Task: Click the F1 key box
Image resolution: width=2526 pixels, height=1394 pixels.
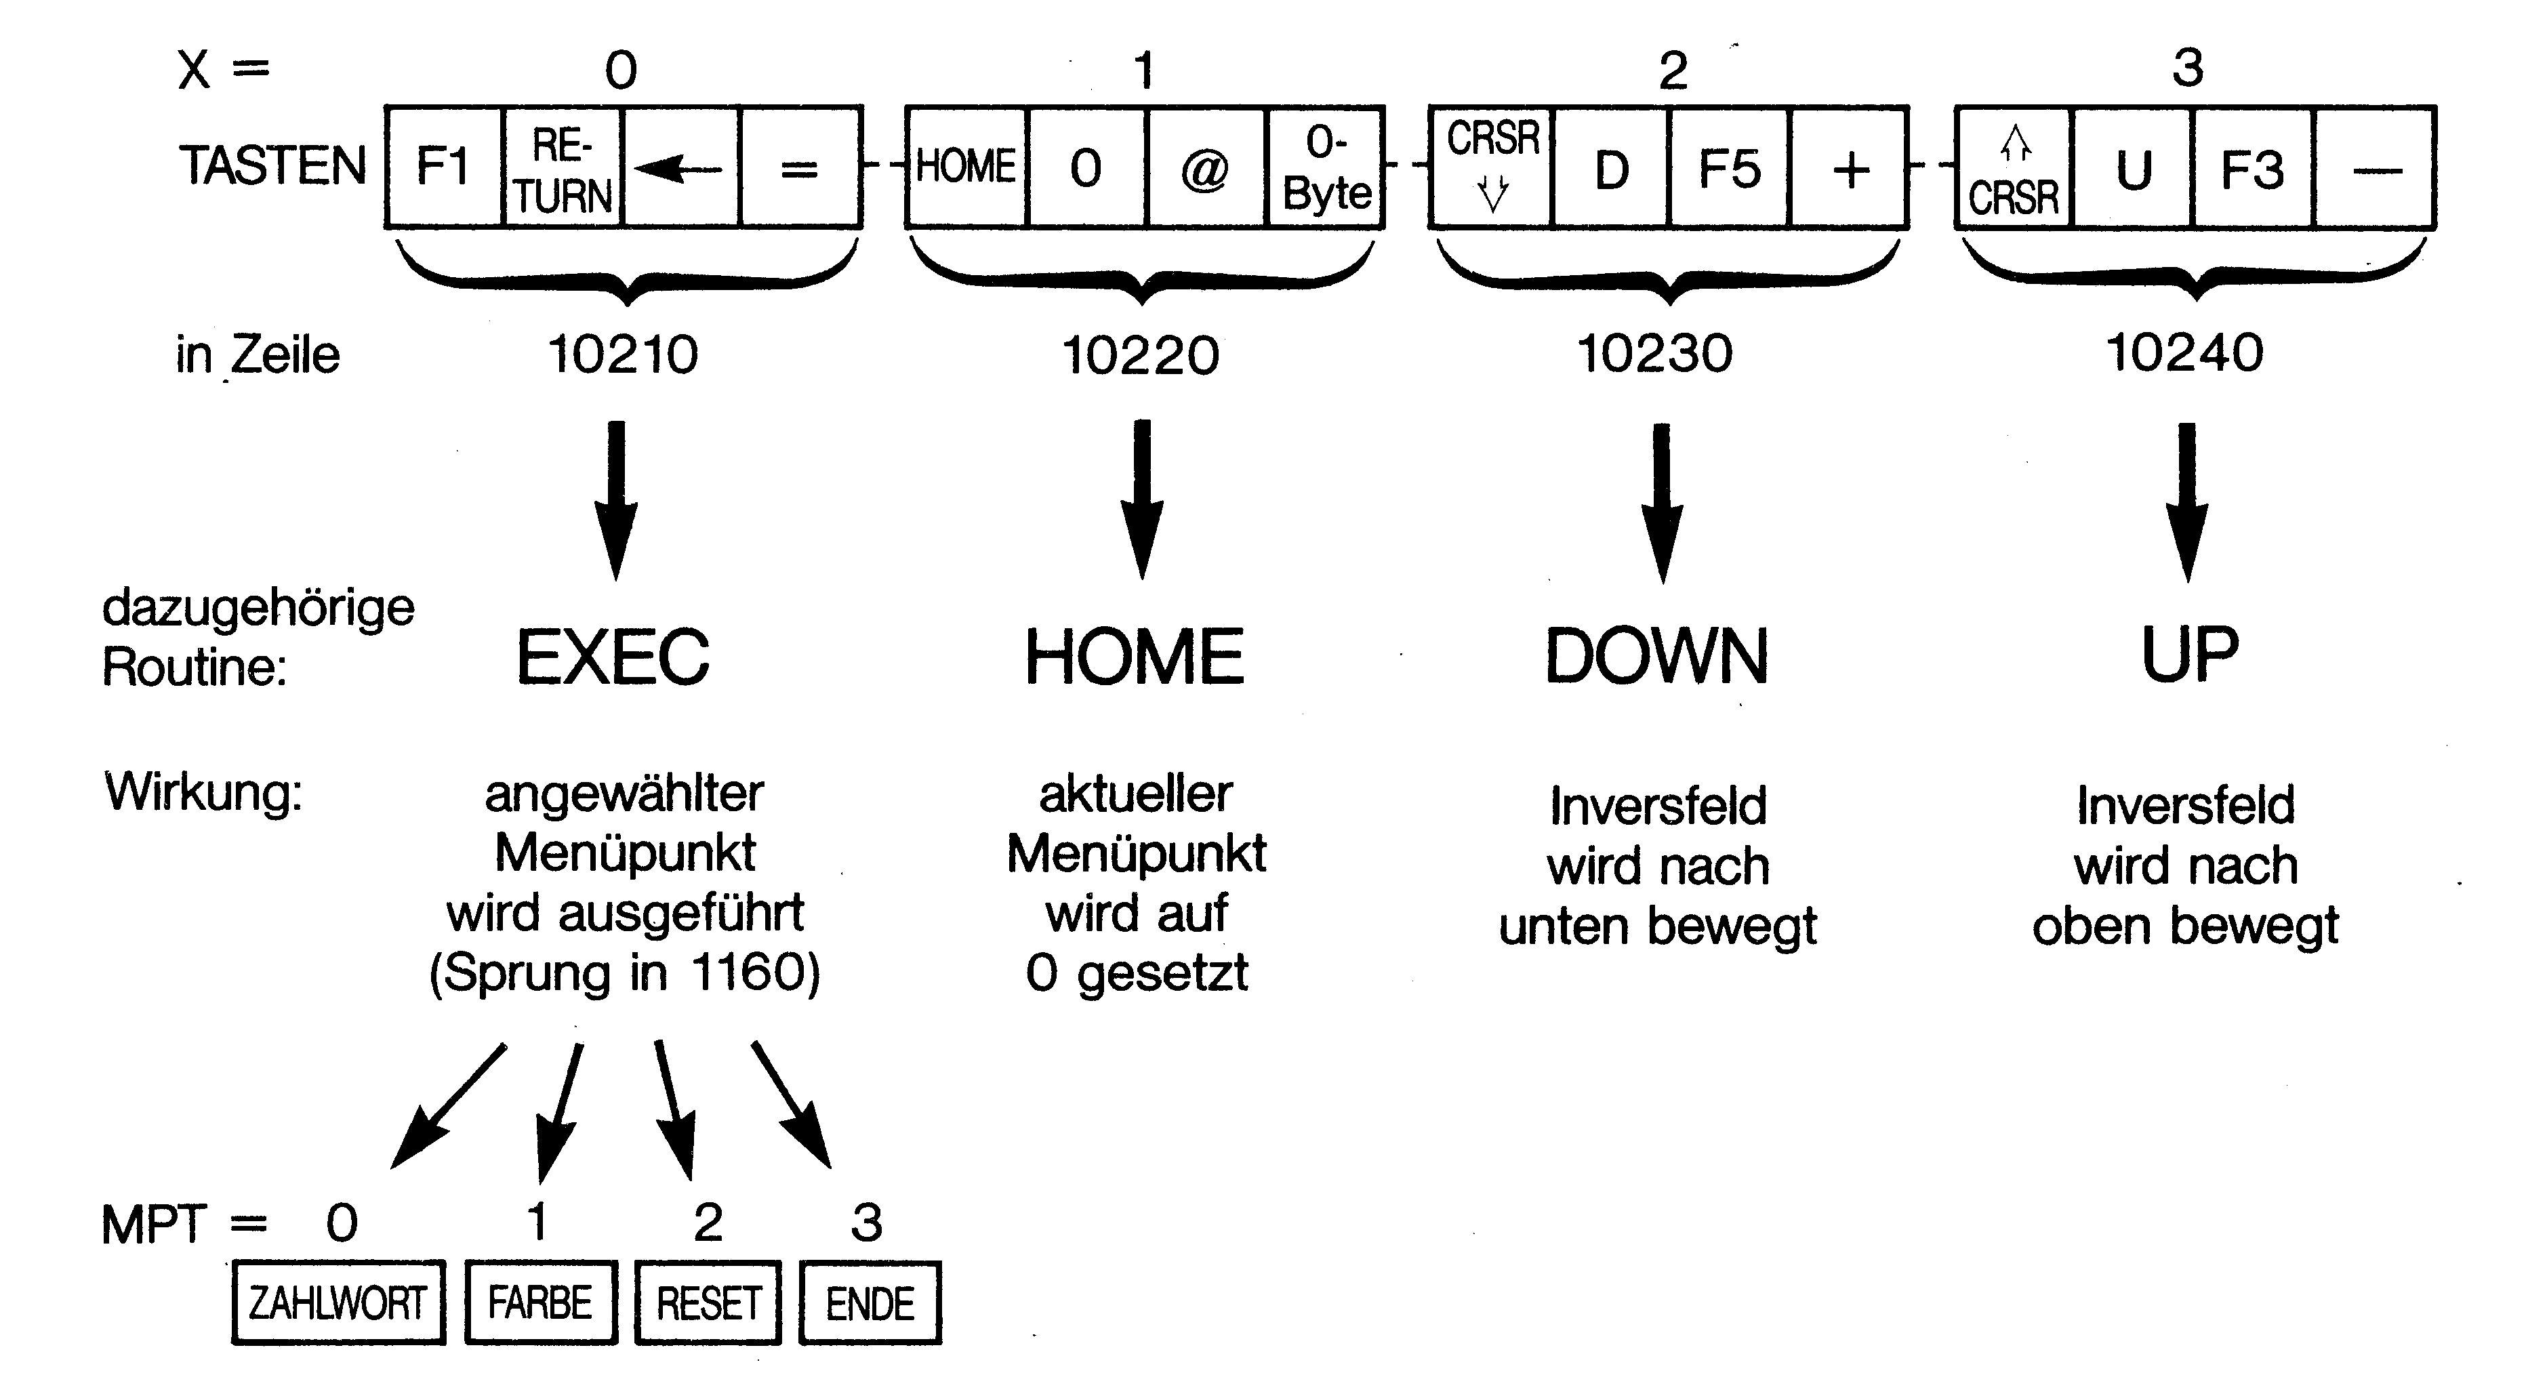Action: coord(443,167)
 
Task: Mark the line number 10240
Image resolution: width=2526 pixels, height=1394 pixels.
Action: coord(2185,353)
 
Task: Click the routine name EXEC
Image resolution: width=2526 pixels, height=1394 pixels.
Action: coord(613,657)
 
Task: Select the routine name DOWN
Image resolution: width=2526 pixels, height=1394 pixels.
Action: coord(1657,657)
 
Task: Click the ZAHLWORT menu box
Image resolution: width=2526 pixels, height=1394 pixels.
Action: coord(338,1303)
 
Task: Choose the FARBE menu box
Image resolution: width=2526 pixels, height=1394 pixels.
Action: coord(540,1303)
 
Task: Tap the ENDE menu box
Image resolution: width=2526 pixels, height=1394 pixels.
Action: coord(870,1303)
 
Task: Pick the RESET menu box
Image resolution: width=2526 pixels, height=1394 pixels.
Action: coord(708,1303)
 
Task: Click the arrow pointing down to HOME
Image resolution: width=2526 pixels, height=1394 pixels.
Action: coord(1141,500)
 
